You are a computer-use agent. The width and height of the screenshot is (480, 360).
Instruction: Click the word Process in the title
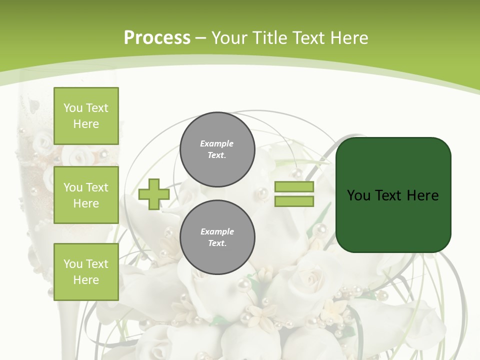pyautogui.click(x=157, y=38)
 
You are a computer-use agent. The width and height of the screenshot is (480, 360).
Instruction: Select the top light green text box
pyautogui.click(x=86, y=116)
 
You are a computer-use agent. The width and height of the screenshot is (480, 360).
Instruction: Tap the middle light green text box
pyautogui.click(x=86, y=195)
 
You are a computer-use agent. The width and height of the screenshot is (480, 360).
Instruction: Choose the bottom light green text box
pyautogui.click(x=86, y=272)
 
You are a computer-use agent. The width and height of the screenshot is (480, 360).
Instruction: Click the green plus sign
pyautogui.click(x=154, y=194)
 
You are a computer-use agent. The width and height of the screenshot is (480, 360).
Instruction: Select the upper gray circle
pyautogui.click(x=217, y=149)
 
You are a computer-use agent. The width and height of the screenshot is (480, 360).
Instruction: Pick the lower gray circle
pyautogui.click(x=217, y=237)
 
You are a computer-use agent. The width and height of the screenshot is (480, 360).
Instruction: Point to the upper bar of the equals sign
pyautogui.click(x=294, y=187)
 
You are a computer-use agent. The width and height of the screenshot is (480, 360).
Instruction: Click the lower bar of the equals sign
pyautogui.click(x=294, y=201)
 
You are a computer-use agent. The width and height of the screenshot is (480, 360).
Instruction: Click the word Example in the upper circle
pyautogui.click(x=217, y=144)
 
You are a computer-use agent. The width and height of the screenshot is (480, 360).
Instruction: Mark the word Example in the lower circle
pyautogui.click(x=217, y=231)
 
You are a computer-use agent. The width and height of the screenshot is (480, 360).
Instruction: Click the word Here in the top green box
pyautogui.click(x=86, y=124)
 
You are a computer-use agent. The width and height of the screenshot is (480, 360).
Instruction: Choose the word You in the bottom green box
pyautogui.click(x=73, y=264)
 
